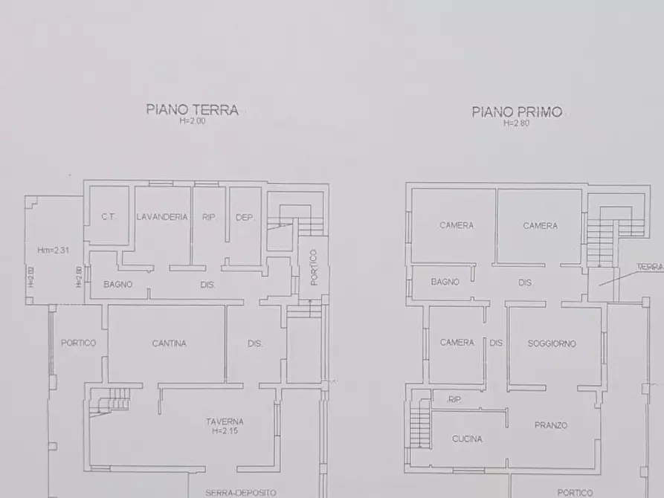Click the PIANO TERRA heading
192,110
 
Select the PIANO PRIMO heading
517,112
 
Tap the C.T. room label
107,218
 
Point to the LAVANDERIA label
162,217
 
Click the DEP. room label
245,218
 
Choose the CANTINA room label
169,343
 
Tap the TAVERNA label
225,421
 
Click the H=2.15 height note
225,431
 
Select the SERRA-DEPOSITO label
241,492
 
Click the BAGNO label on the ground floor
117,284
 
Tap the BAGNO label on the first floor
445,282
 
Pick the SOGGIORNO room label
552,343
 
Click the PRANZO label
550,425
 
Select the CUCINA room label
467,439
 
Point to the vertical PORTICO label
314,267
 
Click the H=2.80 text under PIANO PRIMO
516,123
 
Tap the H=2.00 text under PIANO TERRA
192,121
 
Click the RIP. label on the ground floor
209,218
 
